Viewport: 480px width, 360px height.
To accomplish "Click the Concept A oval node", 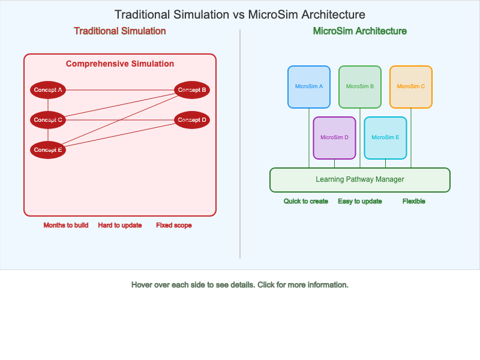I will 48,90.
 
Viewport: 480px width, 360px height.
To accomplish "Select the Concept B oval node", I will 192,90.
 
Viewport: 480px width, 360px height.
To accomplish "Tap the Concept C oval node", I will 48,120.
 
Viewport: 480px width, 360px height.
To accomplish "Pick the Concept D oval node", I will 192,120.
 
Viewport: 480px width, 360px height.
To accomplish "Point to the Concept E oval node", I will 48,150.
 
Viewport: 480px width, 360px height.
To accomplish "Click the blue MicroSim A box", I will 309,86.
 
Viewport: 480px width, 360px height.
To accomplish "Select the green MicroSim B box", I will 360,86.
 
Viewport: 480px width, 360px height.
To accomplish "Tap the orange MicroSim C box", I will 411,86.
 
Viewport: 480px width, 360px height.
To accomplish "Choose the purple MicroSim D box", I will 334,137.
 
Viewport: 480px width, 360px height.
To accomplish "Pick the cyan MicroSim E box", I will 385,137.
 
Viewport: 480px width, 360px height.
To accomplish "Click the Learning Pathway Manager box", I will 360,179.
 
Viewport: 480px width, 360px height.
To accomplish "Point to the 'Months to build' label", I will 66,226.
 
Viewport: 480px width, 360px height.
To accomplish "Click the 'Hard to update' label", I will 120,226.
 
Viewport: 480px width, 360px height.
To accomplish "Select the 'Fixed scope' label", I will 174,226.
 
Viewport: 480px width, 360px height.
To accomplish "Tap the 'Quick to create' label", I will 306,202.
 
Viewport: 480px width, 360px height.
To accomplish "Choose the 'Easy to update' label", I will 360,202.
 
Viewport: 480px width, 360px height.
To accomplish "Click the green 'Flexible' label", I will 414,202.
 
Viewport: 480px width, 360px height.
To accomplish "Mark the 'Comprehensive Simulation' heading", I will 120,64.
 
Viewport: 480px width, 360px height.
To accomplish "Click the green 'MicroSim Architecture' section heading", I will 360,31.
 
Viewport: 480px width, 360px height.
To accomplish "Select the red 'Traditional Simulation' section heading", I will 120,31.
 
